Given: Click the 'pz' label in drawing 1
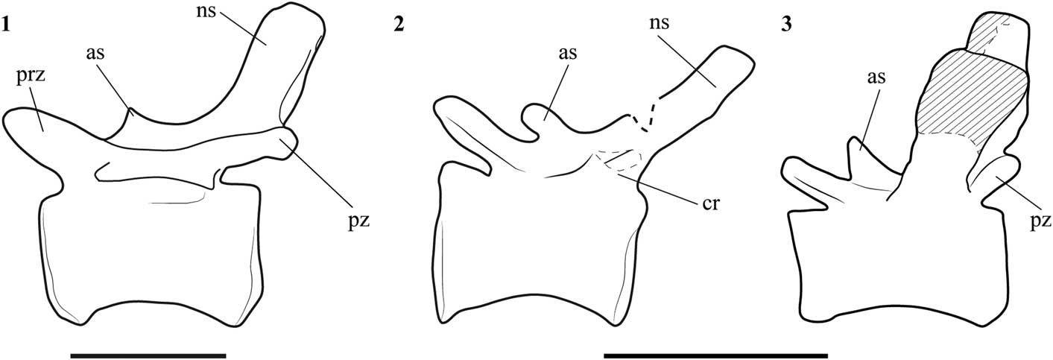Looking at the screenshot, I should coord(344,221).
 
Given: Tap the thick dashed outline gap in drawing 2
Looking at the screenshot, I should coord(642,117).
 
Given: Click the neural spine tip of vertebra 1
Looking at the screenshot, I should coord(298,19).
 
